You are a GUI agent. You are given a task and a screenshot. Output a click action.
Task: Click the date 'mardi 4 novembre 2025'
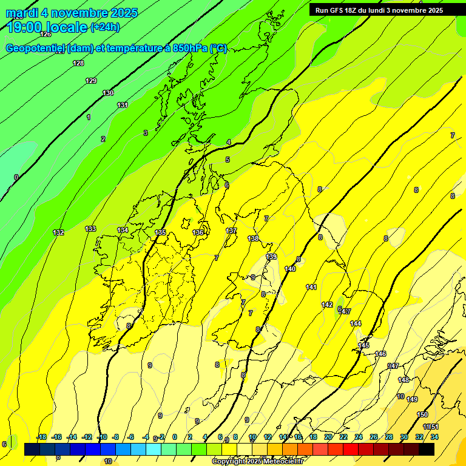(x=72, y=13)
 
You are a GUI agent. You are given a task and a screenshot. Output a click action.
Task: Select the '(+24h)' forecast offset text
(x=105, y=27)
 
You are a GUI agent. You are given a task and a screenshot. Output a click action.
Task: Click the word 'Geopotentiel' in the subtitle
(x=38, y=49)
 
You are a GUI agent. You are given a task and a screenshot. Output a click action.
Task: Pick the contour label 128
(x=78, y=64)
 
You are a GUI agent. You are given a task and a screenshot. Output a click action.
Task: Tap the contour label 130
(x=108, y=93)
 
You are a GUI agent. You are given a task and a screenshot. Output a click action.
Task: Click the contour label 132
(x=58, y=232)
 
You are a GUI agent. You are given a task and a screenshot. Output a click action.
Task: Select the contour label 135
(x=160, y=232)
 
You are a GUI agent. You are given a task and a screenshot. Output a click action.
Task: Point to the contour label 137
(x=231, y=231)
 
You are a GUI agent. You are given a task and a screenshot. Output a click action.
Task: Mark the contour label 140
(x=290, y=269)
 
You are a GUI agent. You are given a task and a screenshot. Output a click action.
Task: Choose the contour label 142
(x=327, y=305)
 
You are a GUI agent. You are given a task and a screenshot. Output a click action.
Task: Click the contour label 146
(x=380, y=354)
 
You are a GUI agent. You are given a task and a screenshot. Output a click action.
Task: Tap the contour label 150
(x=422, y=414)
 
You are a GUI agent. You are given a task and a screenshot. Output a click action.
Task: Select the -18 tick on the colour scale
(x=41, y=437)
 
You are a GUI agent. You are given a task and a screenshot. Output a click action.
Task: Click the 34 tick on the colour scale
(x=434, y=437)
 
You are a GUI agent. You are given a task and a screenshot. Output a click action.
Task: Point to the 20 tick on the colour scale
(x=328, y=437)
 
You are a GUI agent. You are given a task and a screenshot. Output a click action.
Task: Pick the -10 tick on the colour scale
(x=102, y=437)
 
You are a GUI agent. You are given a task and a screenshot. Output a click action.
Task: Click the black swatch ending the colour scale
(x=427, y=449)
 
